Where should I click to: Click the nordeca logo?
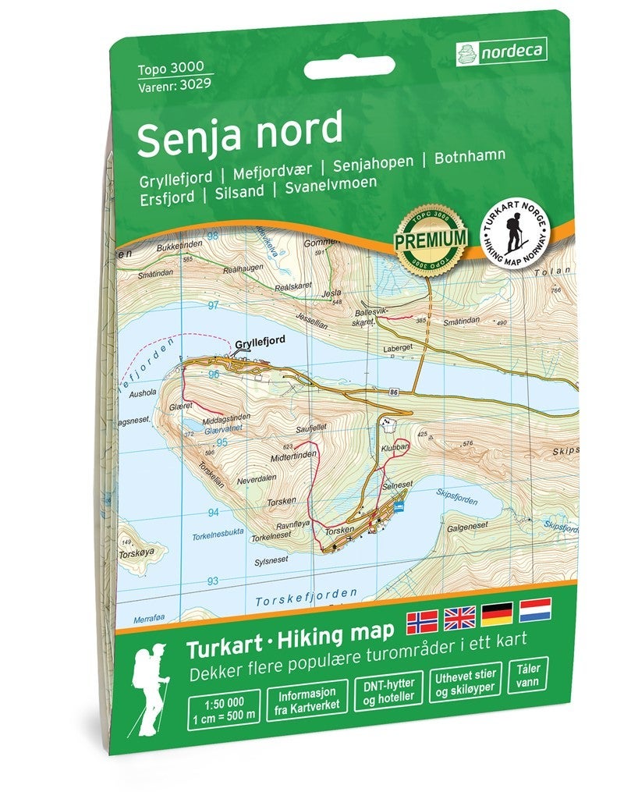tap(500, 52)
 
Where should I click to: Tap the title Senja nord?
tap(239, 131)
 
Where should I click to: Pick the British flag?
tap(459, 616)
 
